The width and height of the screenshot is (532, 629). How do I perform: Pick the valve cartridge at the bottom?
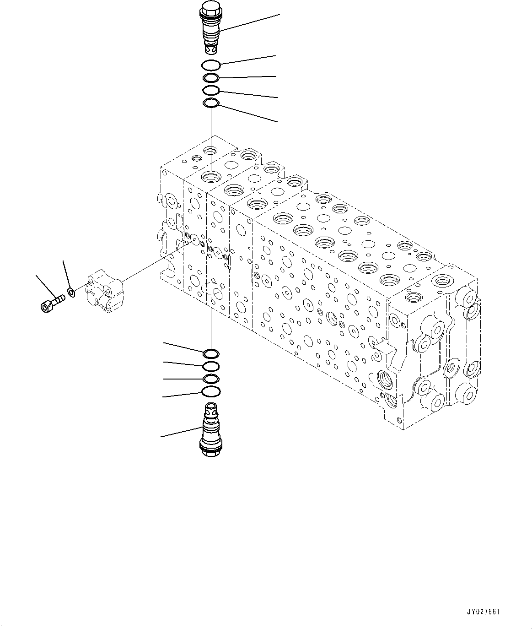point(210,428)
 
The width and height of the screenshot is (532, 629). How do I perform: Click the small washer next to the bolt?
point(71,291)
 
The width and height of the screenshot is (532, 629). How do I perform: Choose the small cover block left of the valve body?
point(105,292)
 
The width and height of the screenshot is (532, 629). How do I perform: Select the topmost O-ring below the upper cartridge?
point(212,65)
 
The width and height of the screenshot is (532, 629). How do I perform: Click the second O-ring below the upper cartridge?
point(212,77)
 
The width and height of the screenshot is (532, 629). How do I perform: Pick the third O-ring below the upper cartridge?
point(212,90)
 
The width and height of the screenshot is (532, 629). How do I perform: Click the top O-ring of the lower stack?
point(211,353)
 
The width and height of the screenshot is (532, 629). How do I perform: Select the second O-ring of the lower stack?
point(211,366)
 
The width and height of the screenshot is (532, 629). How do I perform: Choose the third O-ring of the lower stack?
point(211,379)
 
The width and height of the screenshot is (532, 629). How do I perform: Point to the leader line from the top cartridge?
point(249,22)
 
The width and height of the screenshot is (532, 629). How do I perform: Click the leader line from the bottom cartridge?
point(181,432)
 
